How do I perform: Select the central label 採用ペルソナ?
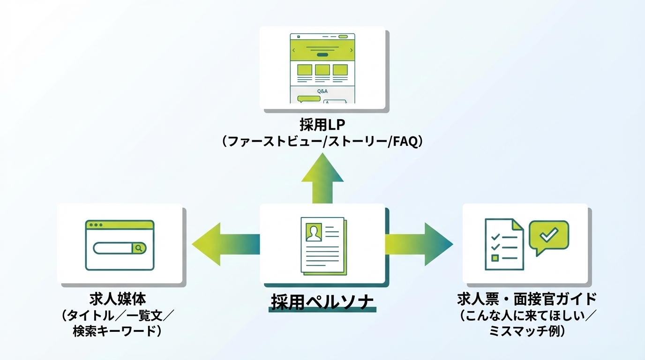click(x=323, y=301)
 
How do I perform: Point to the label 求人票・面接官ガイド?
click(x=526, y=299)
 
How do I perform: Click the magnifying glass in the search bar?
click(x=139, y=248)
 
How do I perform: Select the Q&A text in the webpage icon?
click(x=322, y=91)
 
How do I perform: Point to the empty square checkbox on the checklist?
click(x=495, y=258)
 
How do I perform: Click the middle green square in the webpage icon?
click(x=322, y=70)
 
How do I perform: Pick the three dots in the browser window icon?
click(x=96, y=225)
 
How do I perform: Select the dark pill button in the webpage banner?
click(x=322, y=55)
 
